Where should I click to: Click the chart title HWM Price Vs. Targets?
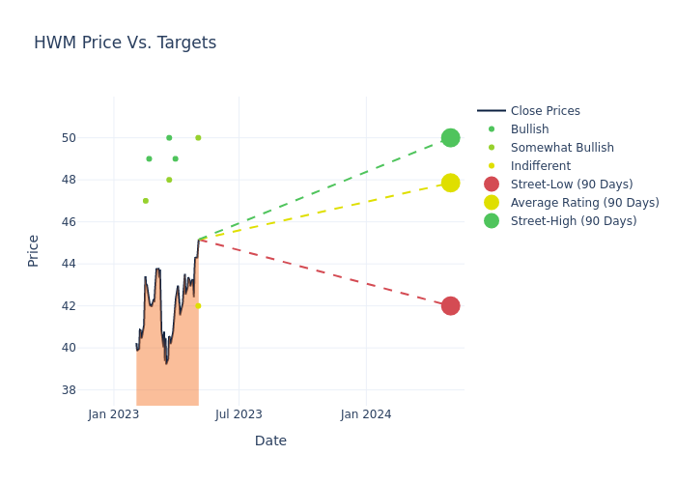[125, 43]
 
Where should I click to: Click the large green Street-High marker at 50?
[450, 138]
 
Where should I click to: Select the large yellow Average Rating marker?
[450, 183]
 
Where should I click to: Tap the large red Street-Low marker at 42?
[450, 306]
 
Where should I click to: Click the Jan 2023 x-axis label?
[113, 414]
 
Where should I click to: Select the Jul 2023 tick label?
[239, 414]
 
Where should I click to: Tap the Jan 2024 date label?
[366, 414]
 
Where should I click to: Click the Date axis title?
[270, 441]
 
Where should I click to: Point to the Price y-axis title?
[34, 250]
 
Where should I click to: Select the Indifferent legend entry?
[540, 166]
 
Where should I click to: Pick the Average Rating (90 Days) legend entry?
[584, 203]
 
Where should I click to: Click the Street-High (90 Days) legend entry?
[574, 221]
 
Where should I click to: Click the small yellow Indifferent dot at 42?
[198, 306]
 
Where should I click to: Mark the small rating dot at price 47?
[146, 201]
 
